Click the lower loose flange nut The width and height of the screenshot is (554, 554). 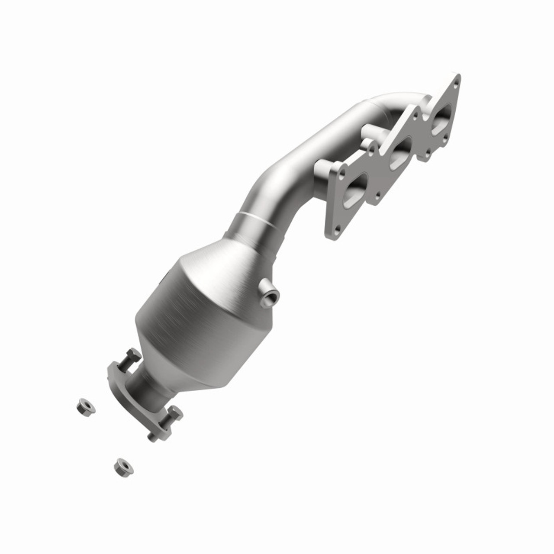pos(123,466)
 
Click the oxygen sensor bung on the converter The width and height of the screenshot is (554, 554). pos(271,296)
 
